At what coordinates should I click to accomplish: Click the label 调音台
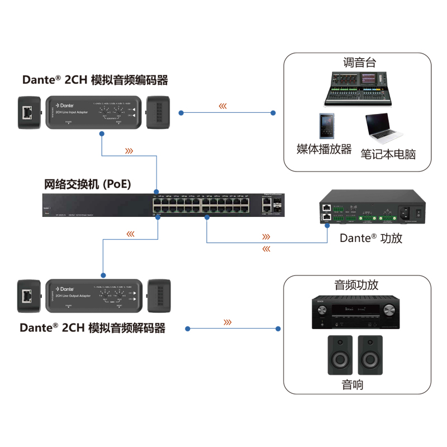(x=359, y=63)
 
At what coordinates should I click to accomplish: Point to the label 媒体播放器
(x=324, y=149)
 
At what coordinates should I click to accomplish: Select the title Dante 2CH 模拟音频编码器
(x=94, y=80)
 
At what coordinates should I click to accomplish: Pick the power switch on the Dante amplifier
(x=416, y=212)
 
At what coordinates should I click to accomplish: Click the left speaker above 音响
(x=340, y=355)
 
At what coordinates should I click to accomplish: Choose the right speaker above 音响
(x=371, y=355)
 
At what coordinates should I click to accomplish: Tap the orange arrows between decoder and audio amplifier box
(x=227, y=322)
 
